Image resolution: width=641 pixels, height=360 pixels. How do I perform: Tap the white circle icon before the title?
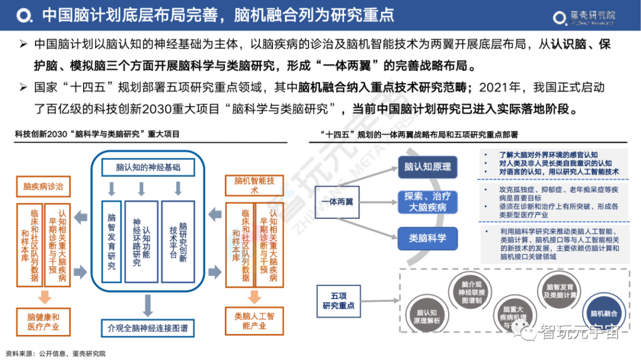(23, 15)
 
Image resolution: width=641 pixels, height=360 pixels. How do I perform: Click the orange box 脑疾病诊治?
(43, 186)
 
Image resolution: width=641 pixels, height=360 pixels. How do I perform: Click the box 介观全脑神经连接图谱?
(148, 327)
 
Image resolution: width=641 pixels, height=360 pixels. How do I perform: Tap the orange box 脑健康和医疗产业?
(43, 321)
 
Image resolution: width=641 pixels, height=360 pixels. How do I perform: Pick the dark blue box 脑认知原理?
(427, 167)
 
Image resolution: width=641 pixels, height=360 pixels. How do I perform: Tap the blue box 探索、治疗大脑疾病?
(427, 202)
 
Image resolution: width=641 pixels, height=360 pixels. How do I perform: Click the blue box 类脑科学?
(427, 238)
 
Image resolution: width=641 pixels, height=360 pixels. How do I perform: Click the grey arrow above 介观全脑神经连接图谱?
(148, 304)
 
